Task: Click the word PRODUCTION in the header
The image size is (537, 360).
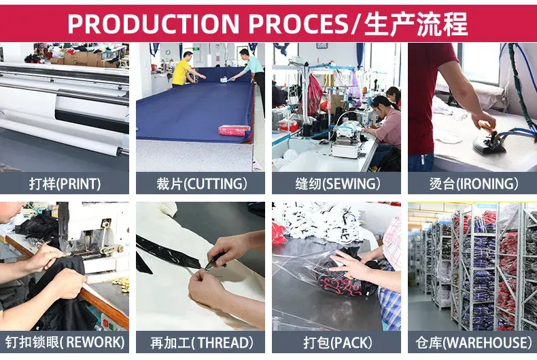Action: click(x=153, y=24)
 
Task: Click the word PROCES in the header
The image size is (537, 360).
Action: click(x=298, y=24)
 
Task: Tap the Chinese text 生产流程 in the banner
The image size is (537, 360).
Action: click(x=416, y=24)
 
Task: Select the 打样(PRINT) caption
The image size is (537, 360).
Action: click(x=65, y=184)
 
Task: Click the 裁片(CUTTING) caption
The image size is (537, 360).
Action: click(x=201, y=184)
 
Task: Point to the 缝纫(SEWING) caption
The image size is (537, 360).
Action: click(x=337, y=184)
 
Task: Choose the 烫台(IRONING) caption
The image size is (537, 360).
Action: click(x=474, y=184)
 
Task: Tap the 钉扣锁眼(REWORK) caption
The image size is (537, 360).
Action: click(x=65, y=342)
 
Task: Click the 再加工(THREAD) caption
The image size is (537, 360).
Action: click(x=201, y=342)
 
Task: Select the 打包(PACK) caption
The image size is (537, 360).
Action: click(x=337, y=342)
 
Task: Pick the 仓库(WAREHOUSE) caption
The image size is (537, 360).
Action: click(x=474, y=342)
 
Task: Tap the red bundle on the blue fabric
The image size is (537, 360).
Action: click(x=235, y=130)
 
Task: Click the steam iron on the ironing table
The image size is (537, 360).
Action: click(x=489, y=143)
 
